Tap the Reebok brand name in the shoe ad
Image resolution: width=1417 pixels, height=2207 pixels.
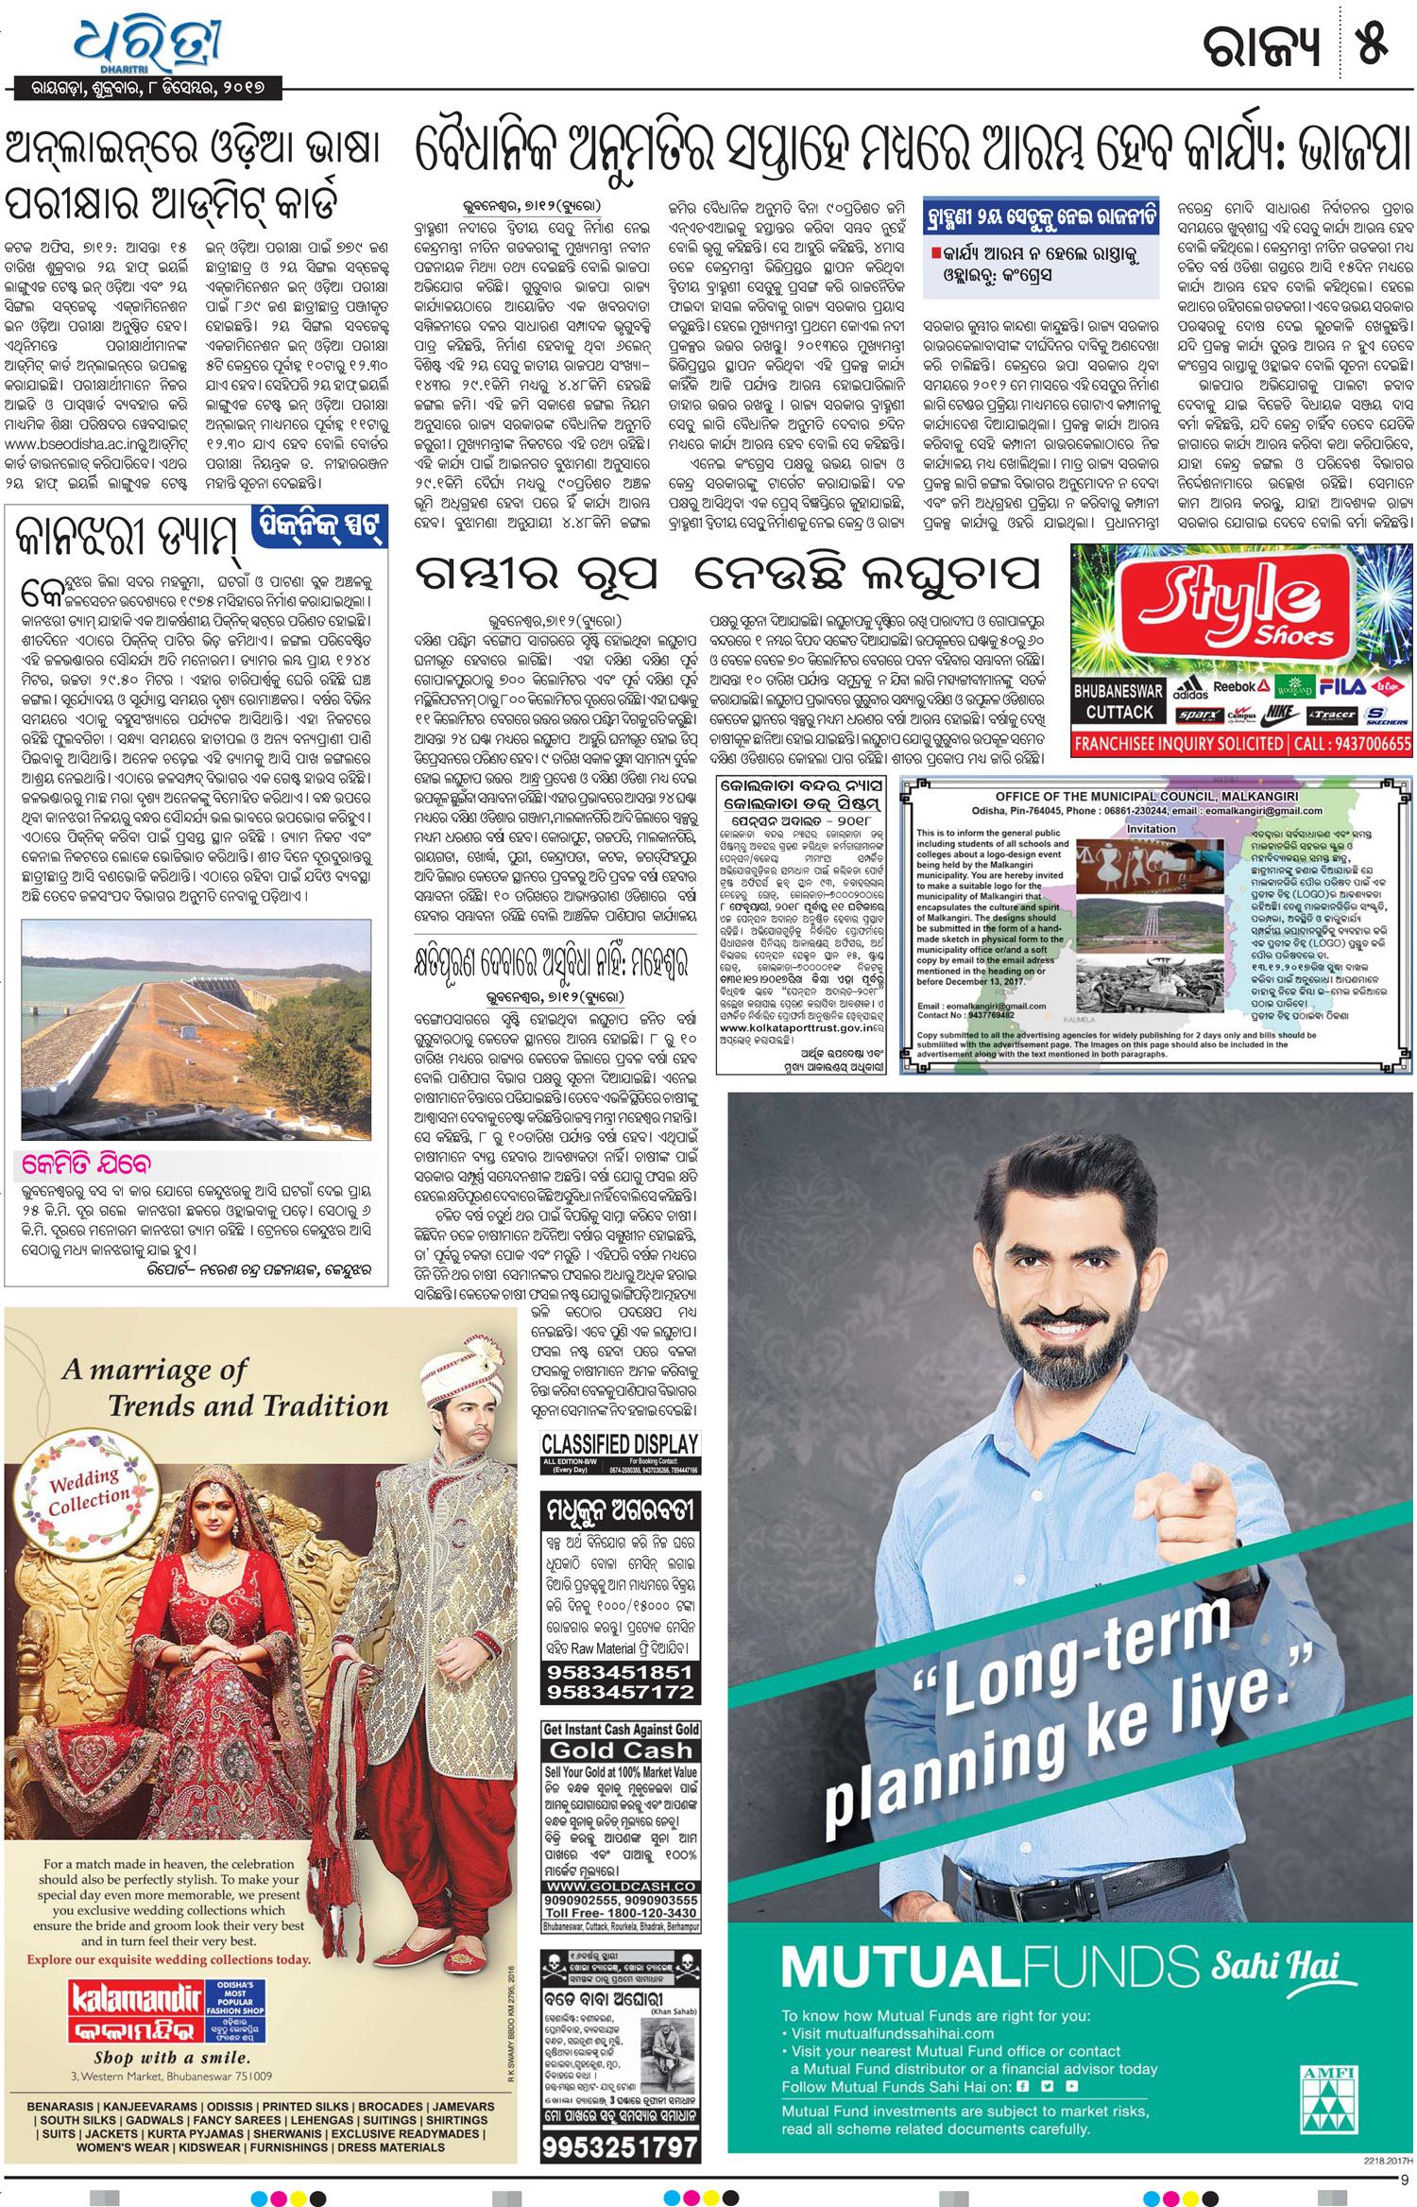(x=1234, y=687)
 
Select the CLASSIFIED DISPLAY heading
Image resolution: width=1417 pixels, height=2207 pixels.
(x=620, y=1444)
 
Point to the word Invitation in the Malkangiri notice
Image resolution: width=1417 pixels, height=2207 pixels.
(x=1152, y=828)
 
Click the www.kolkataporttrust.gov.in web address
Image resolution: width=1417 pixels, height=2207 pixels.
(x=801, y=1026)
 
